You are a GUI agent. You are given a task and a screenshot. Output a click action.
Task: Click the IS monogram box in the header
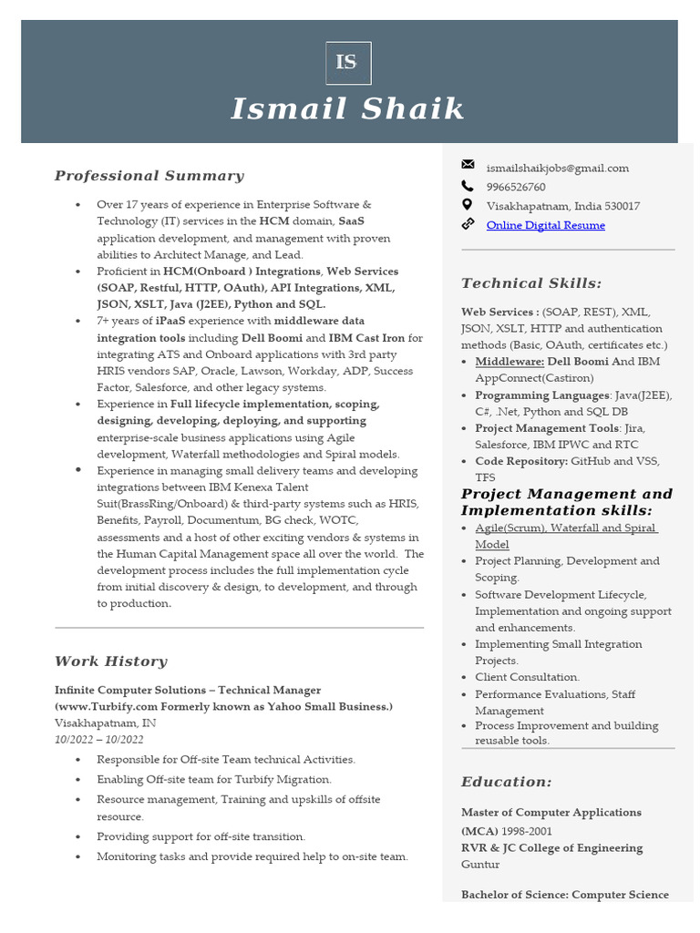click(348, 63)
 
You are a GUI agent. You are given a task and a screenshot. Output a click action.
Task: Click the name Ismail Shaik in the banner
click(348, 109)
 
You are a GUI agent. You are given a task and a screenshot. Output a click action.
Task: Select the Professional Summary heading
click(149, 176)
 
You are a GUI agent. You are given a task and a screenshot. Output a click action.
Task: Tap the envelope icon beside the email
click(468, 165)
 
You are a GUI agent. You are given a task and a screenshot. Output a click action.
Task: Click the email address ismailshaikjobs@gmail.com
click(557, 168)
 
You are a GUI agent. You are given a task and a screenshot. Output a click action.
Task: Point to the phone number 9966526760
click(516, 187)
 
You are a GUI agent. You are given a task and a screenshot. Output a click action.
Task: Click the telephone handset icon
click(468, 186)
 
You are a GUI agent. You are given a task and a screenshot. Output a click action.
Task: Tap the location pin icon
click(468, 205)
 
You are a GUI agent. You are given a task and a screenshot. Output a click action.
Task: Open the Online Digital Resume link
click(545, 225)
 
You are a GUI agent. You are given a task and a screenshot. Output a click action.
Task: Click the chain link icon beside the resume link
click(468, 224)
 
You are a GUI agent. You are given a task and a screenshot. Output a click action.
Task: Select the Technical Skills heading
click(531, 283)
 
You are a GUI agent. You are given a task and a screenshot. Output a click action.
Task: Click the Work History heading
click(110, 661)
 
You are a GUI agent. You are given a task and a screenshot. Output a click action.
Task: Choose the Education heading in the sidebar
click(506, 782)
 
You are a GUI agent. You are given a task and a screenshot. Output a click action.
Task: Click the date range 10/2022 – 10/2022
click(98, 739)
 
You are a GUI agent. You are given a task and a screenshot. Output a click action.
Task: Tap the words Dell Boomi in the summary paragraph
click(272, 338)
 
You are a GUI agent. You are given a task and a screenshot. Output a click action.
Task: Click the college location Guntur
click(479, 864)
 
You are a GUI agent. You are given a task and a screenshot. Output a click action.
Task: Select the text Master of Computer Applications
click(551, 812)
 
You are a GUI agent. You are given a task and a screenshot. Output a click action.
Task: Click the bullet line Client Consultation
click(527, 677)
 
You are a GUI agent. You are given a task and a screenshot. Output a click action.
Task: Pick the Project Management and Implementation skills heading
click(566, 502)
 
